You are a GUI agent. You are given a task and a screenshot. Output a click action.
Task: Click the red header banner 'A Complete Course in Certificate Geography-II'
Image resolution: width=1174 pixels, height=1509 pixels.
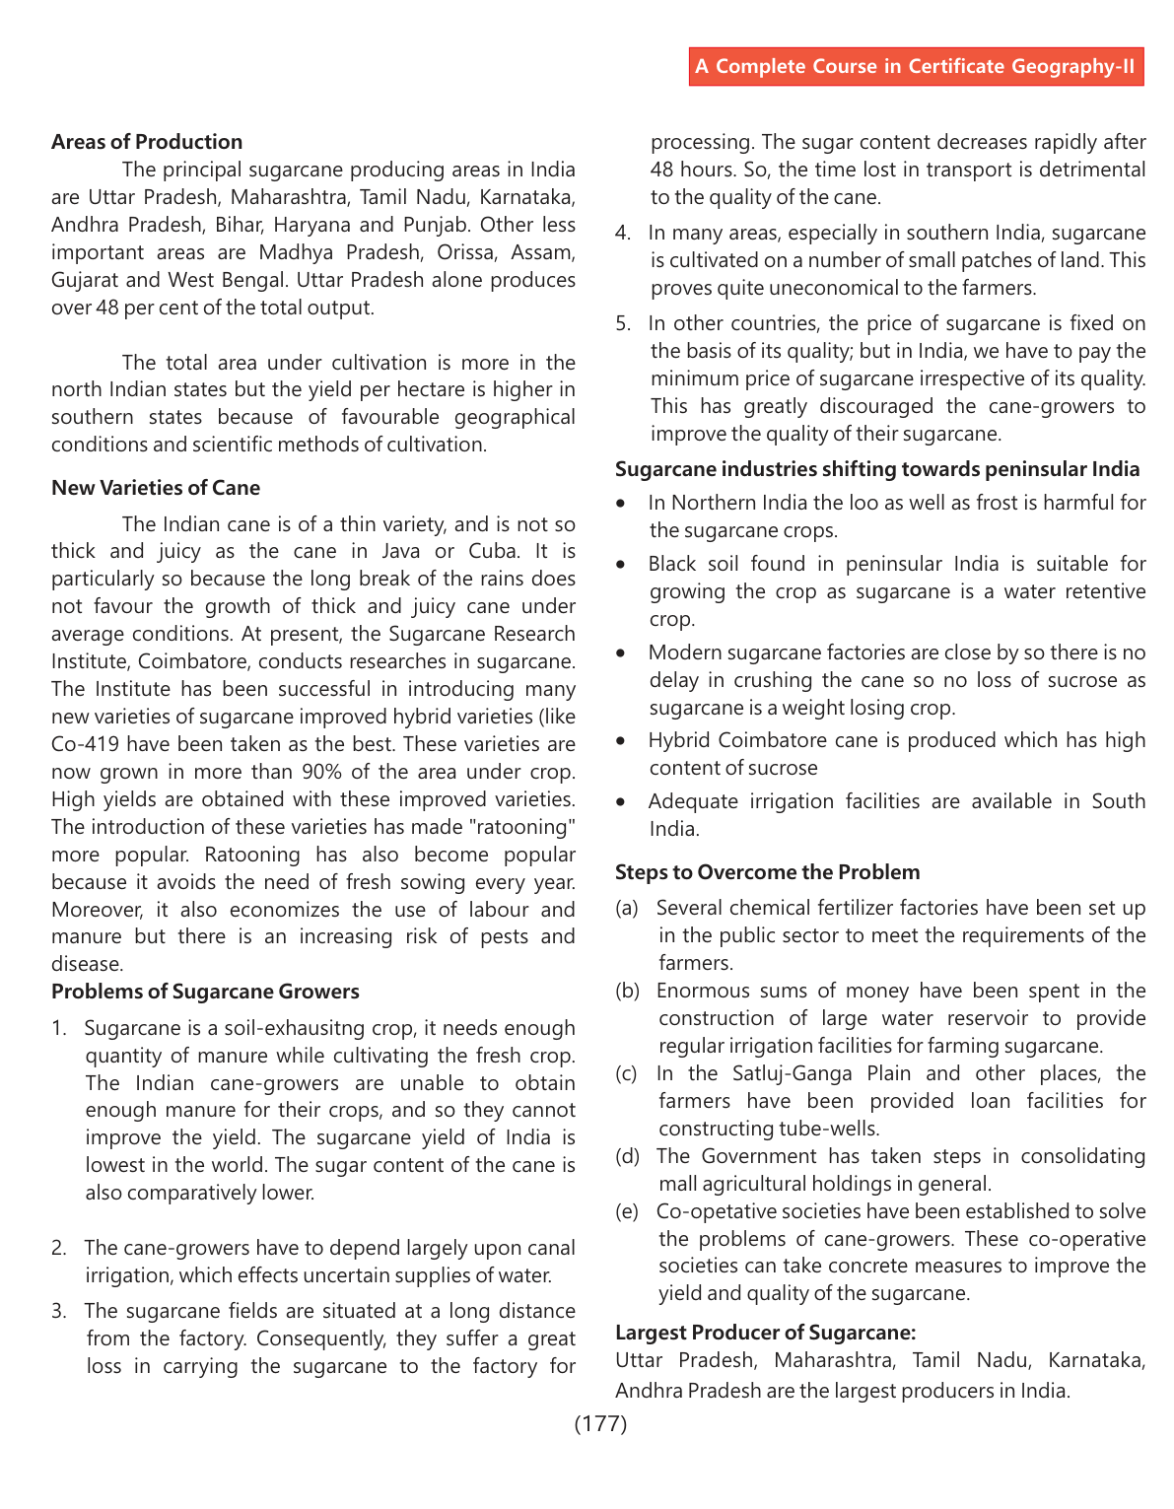916,66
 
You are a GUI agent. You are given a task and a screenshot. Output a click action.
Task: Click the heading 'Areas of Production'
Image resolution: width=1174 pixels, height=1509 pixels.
147,142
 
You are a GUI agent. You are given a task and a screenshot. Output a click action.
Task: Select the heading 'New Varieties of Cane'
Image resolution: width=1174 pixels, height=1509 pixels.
156,488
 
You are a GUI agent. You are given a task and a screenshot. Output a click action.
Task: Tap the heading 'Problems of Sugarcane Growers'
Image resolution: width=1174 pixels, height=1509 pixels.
205,992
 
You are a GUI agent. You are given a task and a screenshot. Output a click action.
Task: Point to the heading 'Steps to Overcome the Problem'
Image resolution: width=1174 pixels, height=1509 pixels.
767,872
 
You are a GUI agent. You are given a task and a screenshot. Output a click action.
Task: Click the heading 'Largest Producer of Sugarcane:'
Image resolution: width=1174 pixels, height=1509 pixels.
765,1333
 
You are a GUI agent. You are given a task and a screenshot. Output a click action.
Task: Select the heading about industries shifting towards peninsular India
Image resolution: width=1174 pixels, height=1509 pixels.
877,469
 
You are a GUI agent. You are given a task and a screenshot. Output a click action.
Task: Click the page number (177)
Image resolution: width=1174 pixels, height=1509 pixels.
600,1423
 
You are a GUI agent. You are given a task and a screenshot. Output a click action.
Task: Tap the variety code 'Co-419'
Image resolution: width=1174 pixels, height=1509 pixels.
85,744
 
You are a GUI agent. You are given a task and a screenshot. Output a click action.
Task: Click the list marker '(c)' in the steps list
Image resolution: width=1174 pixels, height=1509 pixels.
627,1073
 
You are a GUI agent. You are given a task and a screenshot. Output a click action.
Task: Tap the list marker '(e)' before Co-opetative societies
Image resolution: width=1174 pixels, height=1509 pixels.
627,1211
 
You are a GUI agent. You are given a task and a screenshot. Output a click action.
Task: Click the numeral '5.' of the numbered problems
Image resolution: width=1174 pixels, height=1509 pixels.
623,323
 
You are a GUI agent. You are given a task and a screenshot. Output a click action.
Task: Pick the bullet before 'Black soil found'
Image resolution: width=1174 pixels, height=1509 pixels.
621,565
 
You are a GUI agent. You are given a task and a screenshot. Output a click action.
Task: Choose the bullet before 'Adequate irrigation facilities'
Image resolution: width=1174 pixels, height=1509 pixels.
621,802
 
